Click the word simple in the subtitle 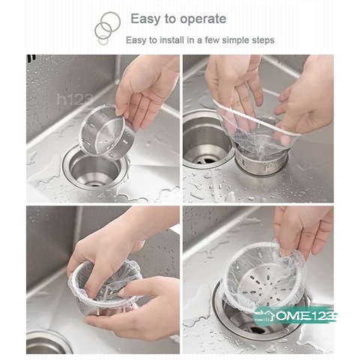click(x=230, y=40)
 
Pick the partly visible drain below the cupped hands click(x=49, y=343)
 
